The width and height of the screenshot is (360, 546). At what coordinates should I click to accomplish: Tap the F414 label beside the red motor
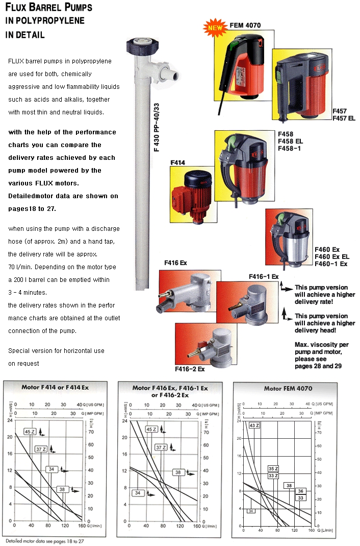[x=178, y=163]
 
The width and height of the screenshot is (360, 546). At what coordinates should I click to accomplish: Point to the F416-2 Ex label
[x=190, y=368]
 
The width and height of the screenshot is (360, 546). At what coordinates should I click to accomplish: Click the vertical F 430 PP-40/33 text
[x=157, y=126]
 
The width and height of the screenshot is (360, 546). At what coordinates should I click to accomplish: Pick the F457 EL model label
[x=344, y=118]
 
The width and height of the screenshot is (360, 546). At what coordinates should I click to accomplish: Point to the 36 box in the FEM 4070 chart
[x=301, y=491]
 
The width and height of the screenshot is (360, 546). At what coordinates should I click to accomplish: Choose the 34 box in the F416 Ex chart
[x=138, y=492]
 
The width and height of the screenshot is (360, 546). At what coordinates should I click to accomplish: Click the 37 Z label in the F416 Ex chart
[x=161, y=447]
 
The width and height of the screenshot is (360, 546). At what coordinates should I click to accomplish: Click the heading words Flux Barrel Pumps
[x=49, y=8]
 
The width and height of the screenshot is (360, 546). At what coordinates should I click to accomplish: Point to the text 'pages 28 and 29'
[x=318, y=366]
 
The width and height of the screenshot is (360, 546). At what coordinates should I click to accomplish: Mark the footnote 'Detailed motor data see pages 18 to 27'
[x=45, y=540]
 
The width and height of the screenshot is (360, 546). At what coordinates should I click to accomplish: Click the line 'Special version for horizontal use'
[x=57, y=351]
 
